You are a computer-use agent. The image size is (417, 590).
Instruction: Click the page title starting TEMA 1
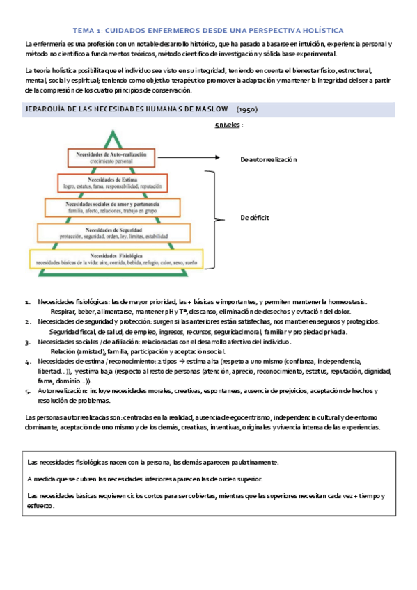[208, 31]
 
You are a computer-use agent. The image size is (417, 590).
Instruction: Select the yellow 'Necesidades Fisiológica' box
[116, 258]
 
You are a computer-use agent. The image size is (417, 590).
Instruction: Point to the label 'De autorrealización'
[268, 159]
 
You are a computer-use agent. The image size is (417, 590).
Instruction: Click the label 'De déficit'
[254, 217]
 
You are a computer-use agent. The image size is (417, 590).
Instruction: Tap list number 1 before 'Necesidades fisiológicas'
[27, 302]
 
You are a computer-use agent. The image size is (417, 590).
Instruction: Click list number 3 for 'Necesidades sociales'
[27, 342]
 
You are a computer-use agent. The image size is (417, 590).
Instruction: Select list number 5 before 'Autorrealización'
[27, 392]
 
